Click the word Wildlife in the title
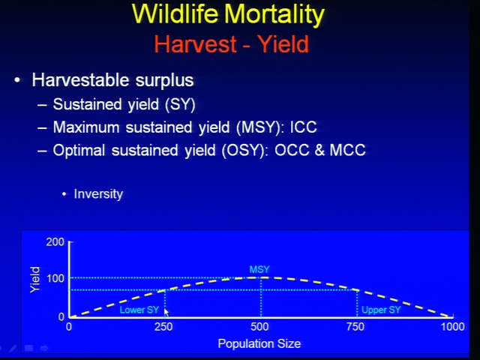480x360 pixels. (175, 14)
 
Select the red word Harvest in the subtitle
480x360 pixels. (195, 44)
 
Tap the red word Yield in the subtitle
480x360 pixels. (283, 44)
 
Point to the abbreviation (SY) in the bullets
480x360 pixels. (180, 105)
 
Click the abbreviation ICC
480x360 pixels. (303, 127)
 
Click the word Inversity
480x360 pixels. (98, 194)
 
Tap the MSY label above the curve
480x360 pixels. (259, 269)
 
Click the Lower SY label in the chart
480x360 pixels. (139, 310)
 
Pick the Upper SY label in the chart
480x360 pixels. (381, 310)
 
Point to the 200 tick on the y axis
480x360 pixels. (55, 241)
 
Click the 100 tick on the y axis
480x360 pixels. (55, 278)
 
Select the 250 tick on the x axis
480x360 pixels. (163, 327)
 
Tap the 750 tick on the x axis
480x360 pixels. (355, 327)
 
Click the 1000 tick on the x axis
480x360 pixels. (452, 327)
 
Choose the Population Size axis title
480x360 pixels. (259, 343)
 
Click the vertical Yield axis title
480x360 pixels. (35, 280)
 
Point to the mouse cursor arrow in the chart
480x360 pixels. (166, 313)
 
